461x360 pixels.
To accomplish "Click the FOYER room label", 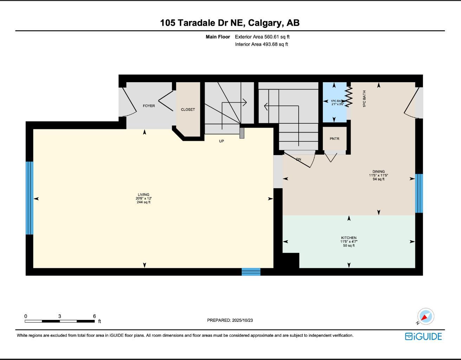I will (x=149, y=106).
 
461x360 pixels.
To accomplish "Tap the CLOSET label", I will (x=188, y=110).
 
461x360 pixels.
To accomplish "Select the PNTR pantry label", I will (x=335, y=139).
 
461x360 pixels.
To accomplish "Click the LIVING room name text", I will (x=143, y=195).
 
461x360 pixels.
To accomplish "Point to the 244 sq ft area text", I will (x=143, y=202).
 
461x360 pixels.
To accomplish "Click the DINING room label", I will (x=378, y=172).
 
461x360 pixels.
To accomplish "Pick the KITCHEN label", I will (x=349, y=238).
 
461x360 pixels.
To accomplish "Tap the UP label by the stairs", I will (x=221, y=141).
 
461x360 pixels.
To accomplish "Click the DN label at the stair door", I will (x=298, y=160).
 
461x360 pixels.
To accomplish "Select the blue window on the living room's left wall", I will (x=30, y=198).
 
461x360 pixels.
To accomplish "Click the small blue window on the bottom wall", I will (x=251, y=272).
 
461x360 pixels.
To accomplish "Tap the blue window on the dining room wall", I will (x=419, y=193).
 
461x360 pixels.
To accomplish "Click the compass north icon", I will (x=426, y=316).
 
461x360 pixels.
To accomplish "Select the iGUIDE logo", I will (x=423, y=336).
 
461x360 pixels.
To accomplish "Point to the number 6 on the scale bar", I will (x=95, y=316).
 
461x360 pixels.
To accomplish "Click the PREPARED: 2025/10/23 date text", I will (x=230, y=320).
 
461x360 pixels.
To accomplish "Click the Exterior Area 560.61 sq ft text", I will (x=262, y=37).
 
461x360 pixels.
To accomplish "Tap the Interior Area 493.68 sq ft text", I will (x=261, y=44).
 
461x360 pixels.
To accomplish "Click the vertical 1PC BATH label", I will (x=364, y=99).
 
